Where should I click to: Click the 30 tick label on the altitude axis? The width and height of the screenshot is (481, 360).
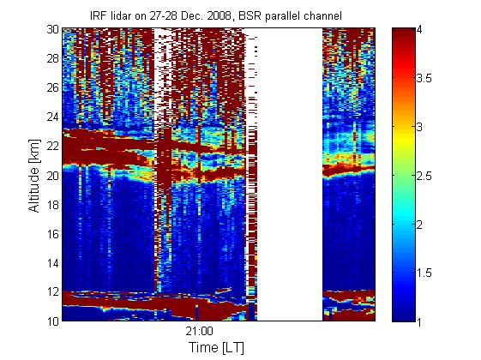click(52, 29)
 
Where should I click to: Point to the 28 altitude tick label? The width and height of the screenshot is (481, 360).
click(52, 58)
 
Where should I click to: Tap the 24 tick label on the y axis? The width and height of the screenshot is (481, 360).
click(52, 117)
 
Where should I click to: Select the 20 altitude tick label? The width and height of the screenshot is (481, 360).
click(52, 176)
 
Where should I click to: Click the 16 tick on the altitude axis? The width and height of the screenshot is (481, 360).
click(52, 234)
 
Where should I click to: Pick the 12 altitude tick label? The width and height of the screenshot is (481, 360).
click(52, 291)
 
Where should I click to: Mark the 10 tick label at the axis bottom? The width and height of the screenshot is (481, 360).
click(52, 321)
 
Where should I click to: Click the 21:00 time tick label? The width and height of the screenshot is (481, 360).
click(199, 332)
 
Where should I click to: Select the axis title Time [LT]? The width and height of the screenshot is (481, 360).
click(217, 347)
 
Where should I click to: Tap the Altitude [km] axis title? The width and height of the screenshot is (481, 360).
click(34, 176)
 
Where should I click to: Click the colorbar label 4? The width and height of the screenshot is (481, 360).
click(419, 30)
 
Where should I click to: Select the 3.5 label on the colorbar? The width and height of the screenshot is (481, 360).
click(424, 79)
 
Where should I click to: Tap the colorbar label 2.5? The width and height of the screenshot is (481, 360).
click(424, 176)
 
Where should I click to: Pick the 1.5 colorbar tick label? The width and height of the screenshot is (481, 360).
click(424, 273)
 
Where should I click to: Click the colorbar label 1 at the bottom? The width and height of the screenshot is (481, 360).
click(419, 321)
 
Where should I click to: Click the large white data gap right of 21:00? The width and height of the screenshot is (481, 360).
click(290, 174)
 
